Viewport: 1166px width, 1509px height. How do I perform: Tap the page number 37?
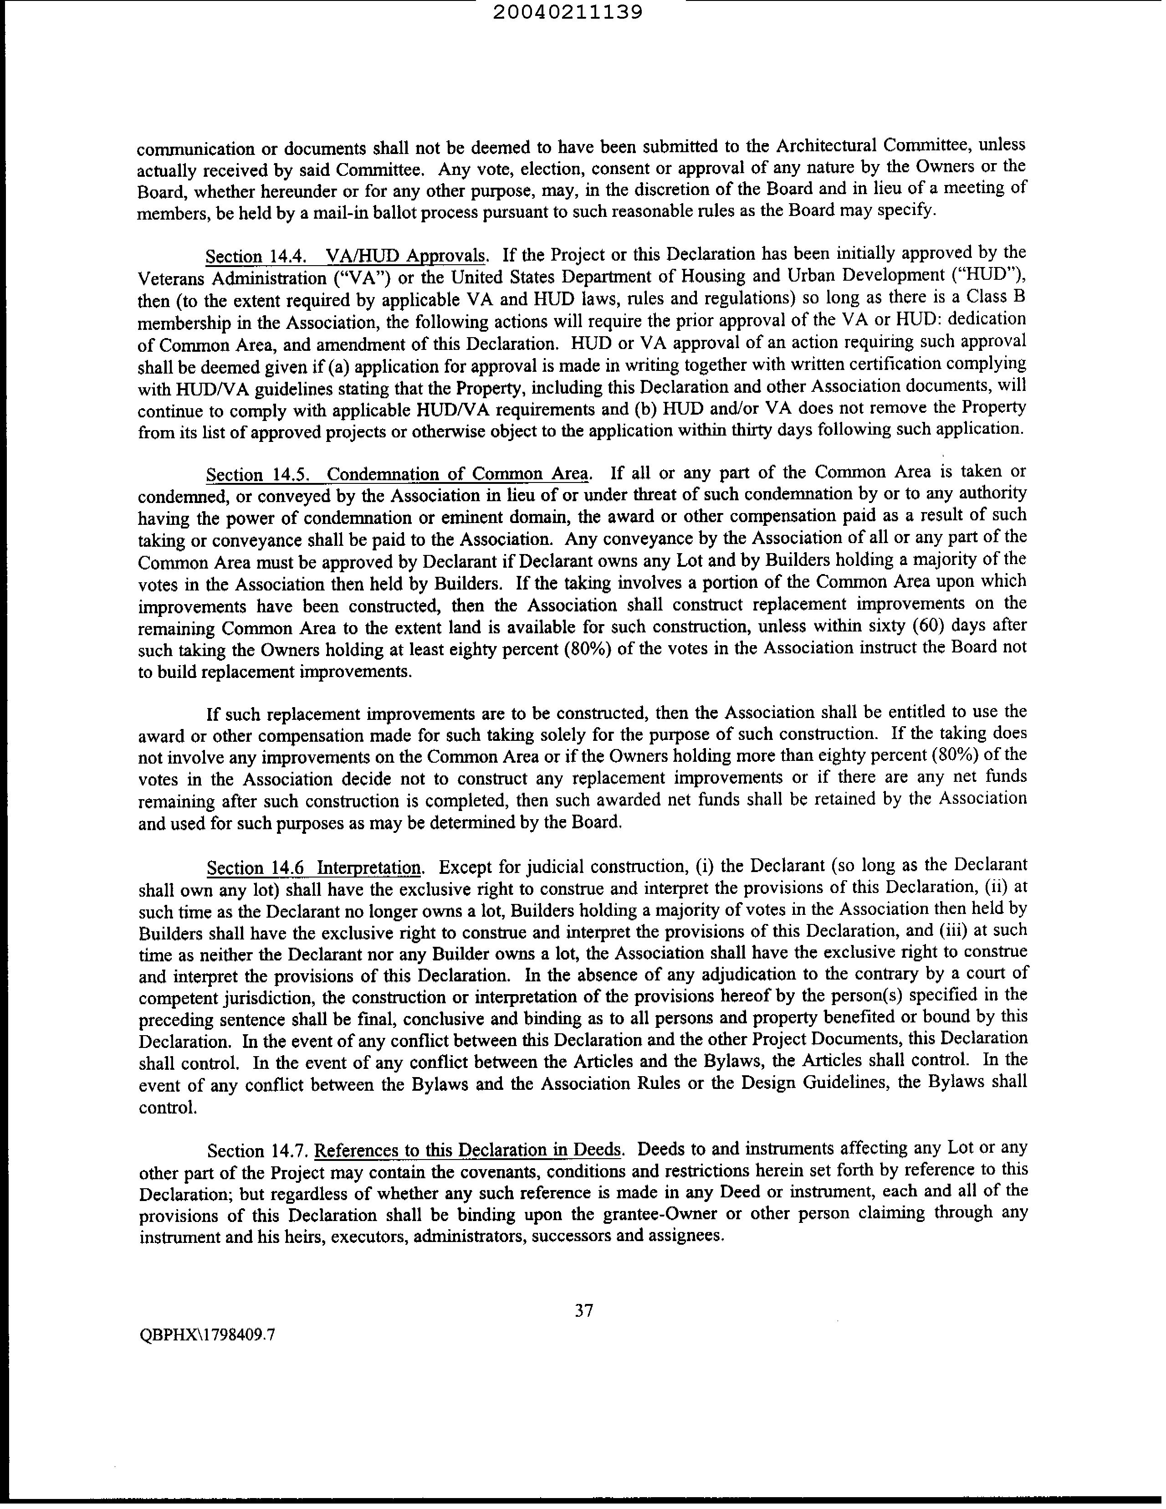point(584,1309)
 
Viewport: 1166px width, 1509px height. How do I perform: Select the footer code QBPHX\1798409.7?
point(207,1335)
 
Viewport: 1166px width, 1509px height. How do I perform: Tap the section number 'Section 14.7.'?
point(259,1151)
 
